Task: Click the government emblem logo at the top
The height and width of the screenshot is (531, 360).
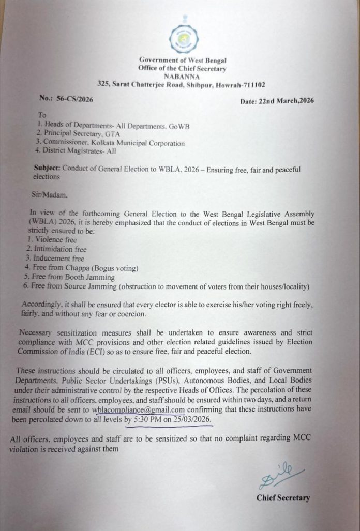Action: pyautogui.click(x=183, y=38)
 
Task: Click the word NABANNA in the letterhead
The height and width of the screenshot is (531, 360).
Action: pyautogui.click(x=182, y=75)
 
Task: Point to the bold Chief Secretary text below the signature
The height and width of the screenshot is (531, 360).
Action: pyautogui.click(x=283, y=498)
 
